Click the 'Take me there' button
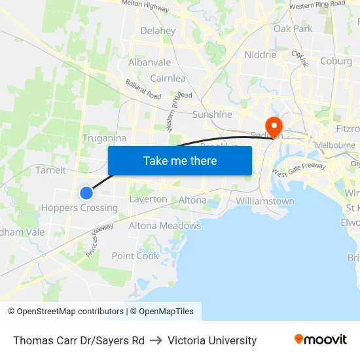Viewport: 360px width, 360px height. tap(180, 160)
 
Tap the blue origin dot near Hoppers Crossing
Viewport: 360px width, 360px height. tap(86, 192)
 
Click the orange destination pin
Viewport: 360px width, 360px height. tap(271, 125)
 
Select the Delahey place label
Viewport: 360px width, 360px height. tap(158, 31)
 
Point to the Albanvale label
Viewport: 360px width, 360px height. tap(150, 62)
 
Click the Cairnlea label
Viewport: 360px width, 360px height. tap(168, 79)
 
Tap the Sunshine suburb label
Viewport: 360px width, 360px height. tap(212, 115)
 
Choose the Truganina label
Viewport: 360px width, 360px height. tap(104, 138)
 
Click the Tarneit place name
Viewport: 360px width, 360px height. tap(50, 170)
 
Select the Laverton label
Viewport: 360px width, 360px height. tap(149, 199)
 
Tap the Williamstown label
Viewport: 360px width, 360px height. tap(265, 201)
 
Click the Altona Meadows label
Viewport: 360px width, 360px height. tap(165, 226)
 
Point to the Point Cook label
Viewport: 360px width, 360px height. tap(135, 256)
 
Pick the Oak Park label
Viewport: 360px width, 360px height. tap(293, 29)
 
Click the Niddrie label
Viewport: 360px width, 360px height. tap(261, 55)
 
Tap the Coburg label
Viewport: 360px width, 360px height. tap(336, 61)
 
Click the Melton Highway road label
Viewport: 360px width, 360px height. tap(145, 3)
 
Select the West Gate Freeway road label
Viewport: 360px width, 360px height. tap(298, 170)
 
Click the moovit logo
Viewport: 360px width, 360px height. tap(321, 340)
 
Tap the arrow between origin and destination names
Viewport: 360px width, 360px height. tap(156, 340)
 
